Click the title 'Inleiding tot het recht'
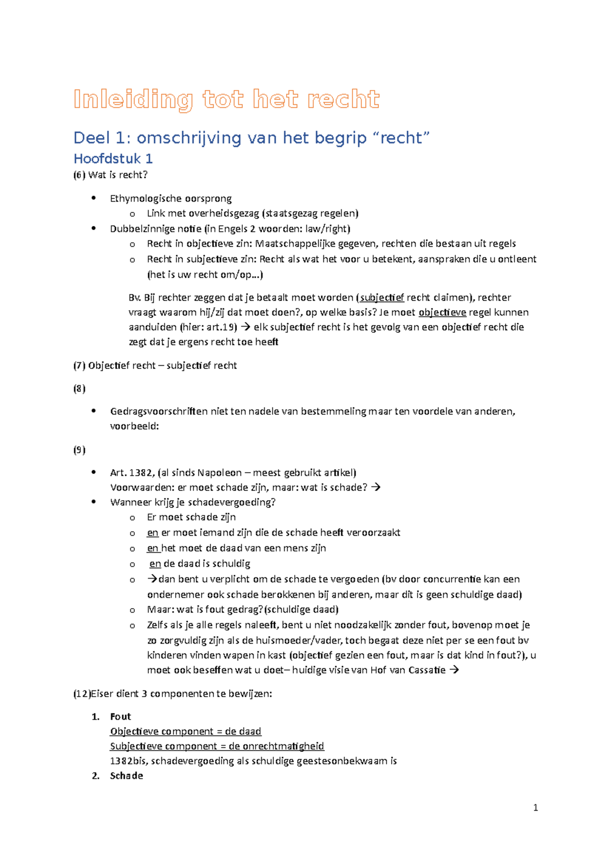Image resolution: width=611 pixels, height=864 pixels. tap(227, 99)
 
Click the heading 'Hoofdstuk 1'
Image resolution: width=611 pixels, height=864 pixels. tap(113, 159)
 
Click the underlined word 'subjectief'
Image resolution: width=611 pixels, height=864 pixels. tap(382, 298)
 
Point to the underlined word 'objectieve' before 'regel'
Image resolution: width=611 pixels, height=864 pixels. tap(442, 312)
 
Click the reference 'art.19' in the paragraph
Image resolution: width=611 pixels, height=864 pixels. tap(221, 327)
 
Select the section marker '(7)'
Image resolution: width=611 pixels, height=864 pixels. tap(79, 365)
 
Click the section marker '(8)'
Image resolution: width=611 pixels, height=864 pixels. tap(79, 389)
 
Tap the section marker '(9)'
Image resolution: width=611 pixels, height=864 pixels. tap(79, 450)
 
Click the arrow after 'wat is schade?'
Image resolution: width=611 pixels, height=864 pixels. tap(376, 487)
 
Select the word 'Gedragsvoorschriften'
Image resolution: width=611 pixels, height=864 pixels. tap(159, 411)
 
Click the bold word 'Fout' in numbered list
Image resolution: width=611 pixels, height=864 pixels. tap(121, 716)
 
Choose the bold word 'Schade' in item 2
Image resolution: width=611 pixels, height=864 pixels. tap(126, 776)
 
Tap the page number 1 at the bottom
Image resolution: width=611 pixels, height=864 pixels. tap(535, 808)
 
